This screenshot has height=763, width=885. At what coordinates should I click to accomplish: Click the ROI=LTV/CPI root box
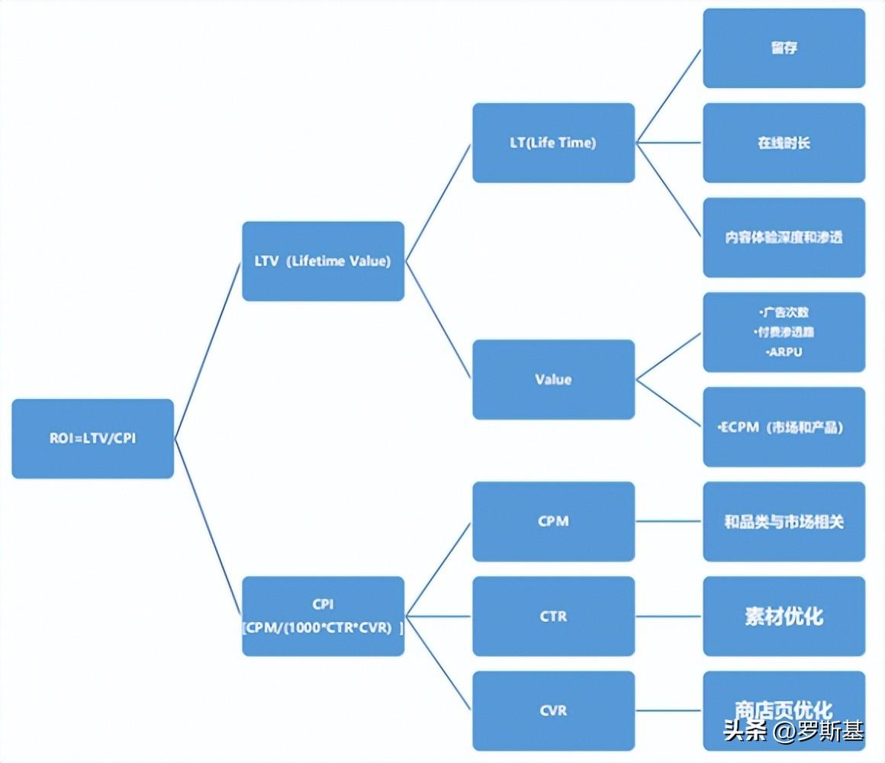(x=92, y=439)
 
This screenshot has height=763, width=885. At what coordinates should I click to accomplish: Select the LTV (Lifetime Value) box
(x=323, y=261)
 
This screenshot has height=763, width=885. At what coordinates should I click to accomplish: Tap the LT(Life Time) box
(x=553, y=143)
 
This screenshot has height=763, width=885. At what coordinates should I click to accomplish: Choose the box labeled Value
(x=553, y=379)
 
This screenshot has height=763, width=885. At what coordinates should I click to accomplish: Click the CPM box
(x=553, y=521)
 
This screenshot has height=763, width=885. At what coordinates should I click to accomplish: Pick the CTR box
(x=553, y=616)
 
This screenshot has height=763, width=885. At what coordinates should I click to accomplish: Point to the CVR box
(x=553, y=710)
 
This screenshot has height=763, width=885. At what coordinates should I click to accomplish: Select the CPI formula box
(x=323, y=616)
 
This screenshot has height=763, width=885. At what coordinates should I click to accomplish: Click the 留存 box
(x=784, y=48)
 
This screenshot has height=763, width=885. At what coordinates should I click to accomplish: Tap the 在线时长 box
(x=784, y=143)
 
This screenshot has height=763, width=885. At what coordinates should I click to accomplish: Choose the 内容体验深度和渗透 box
(x=784, y=237)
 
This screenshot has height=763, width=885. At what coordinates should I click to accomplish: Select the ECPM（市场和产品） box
(x=784, y=427)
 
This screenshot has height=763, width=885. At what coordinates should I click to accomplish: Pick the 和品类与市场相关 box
(x=784, y=522)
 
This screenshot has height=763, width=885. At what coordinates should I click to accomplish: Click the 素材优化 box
(x=784, y=616)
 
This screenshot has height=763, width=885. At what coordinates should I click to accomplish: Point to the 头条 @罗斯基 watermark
(x=793, y=731)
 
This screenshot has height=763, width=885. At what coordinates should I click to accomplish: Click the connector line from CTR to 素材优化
(x=668, y=616)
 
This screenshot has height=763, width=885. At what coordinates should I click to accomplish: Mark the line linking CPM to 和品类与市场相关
(x=668, y=521)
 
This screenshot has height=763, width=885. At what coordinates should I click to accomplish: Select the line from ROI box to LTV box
(x=208, y=351)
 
